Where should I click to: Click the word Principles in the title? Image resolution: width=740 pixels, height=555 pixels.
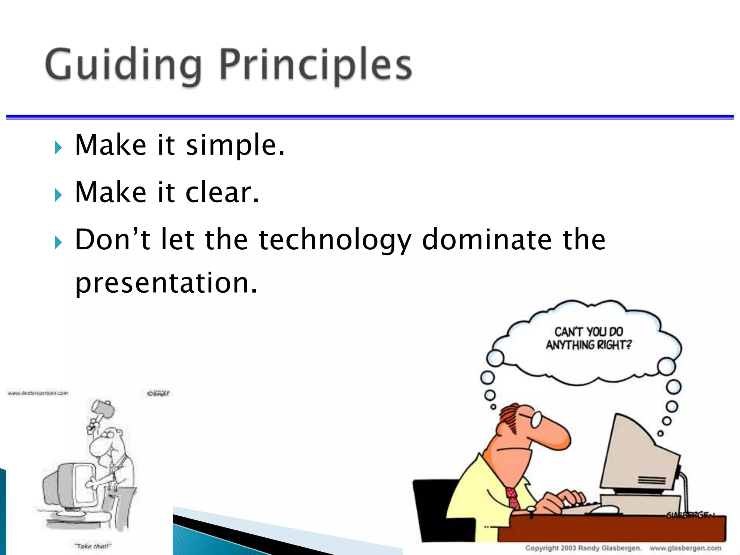[315, 65]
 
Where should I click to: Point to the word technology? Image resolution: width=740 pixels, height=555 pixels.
[335, 240]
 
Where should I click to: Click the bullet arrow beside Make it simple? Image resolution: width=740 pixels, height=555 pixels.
[58, 147]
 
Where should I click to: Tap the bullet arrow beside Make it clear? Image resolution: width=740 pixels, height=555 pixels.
[58, 195]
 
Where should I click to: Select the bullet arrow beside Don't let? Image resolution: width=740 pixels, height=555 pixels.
[58, 242]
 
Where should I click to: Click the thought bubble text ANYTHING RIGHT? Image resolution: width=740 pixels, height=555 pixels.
[588, 345]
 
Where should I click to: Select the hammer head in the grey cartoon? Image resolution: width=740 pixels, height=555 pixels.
[103, 408]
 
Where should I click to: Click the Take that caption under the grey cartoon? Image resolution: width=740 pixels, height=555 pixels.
[93, 546]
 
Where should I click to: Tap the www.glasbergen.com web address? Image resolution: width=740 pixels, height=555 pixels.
[685, 548]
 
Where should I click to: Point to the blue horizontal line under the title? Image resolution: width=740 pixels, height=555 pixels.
[370, 117]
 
